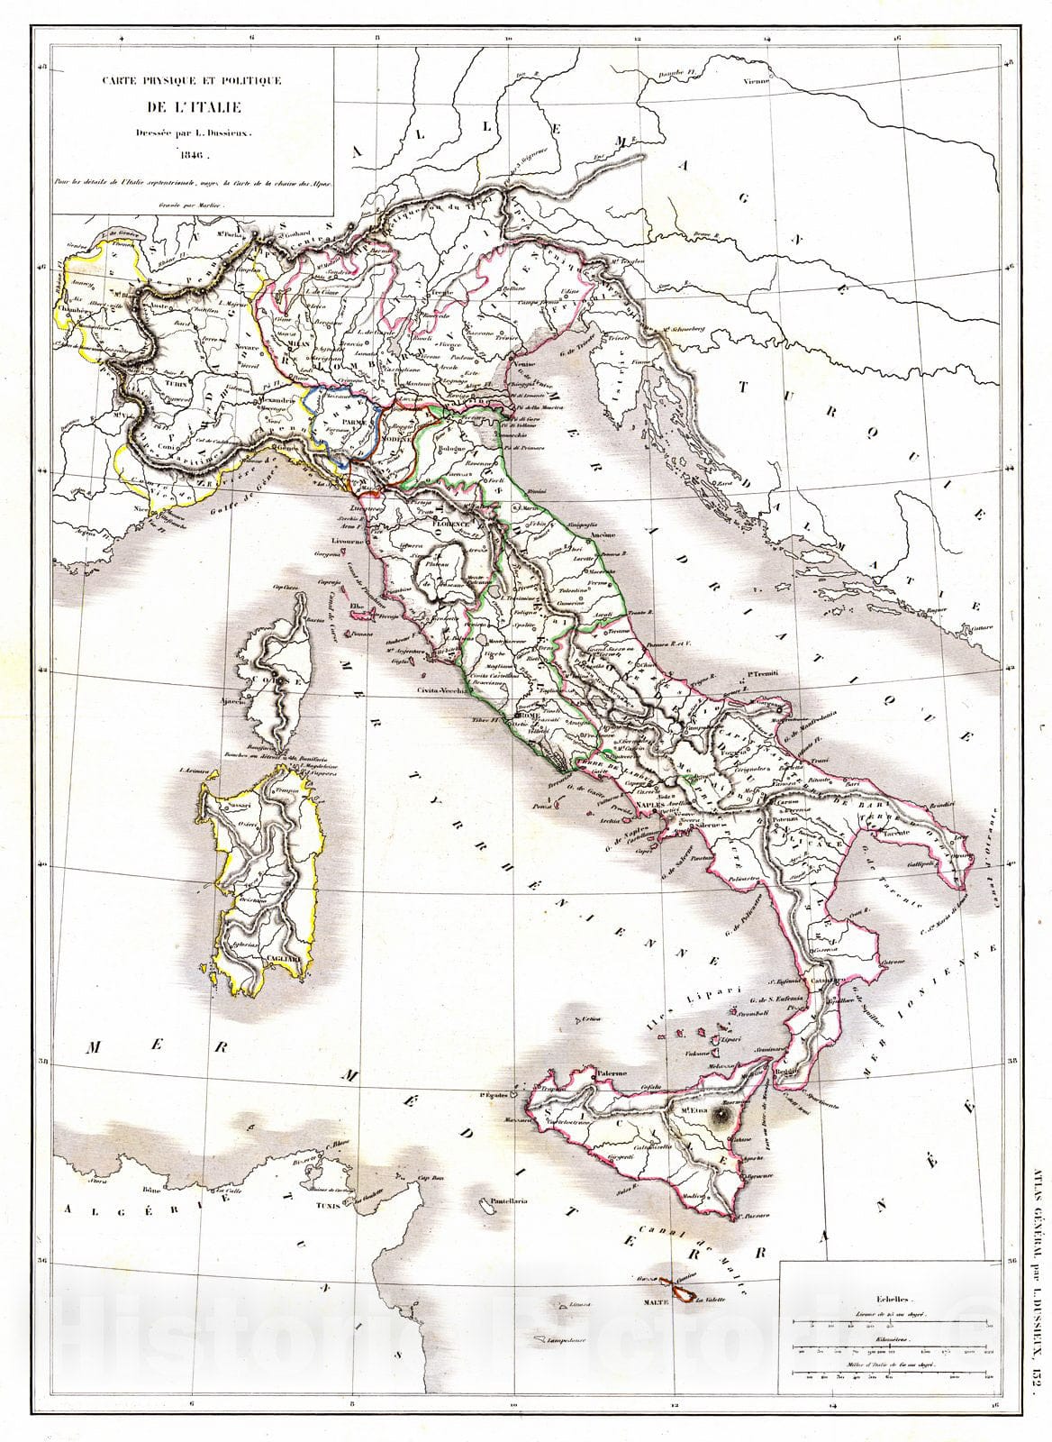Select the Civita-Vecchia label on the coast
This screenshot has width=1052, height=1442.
[x=440, y=691]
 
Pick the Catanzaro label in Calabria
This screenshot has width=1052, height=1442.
[x=829, y=977]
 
